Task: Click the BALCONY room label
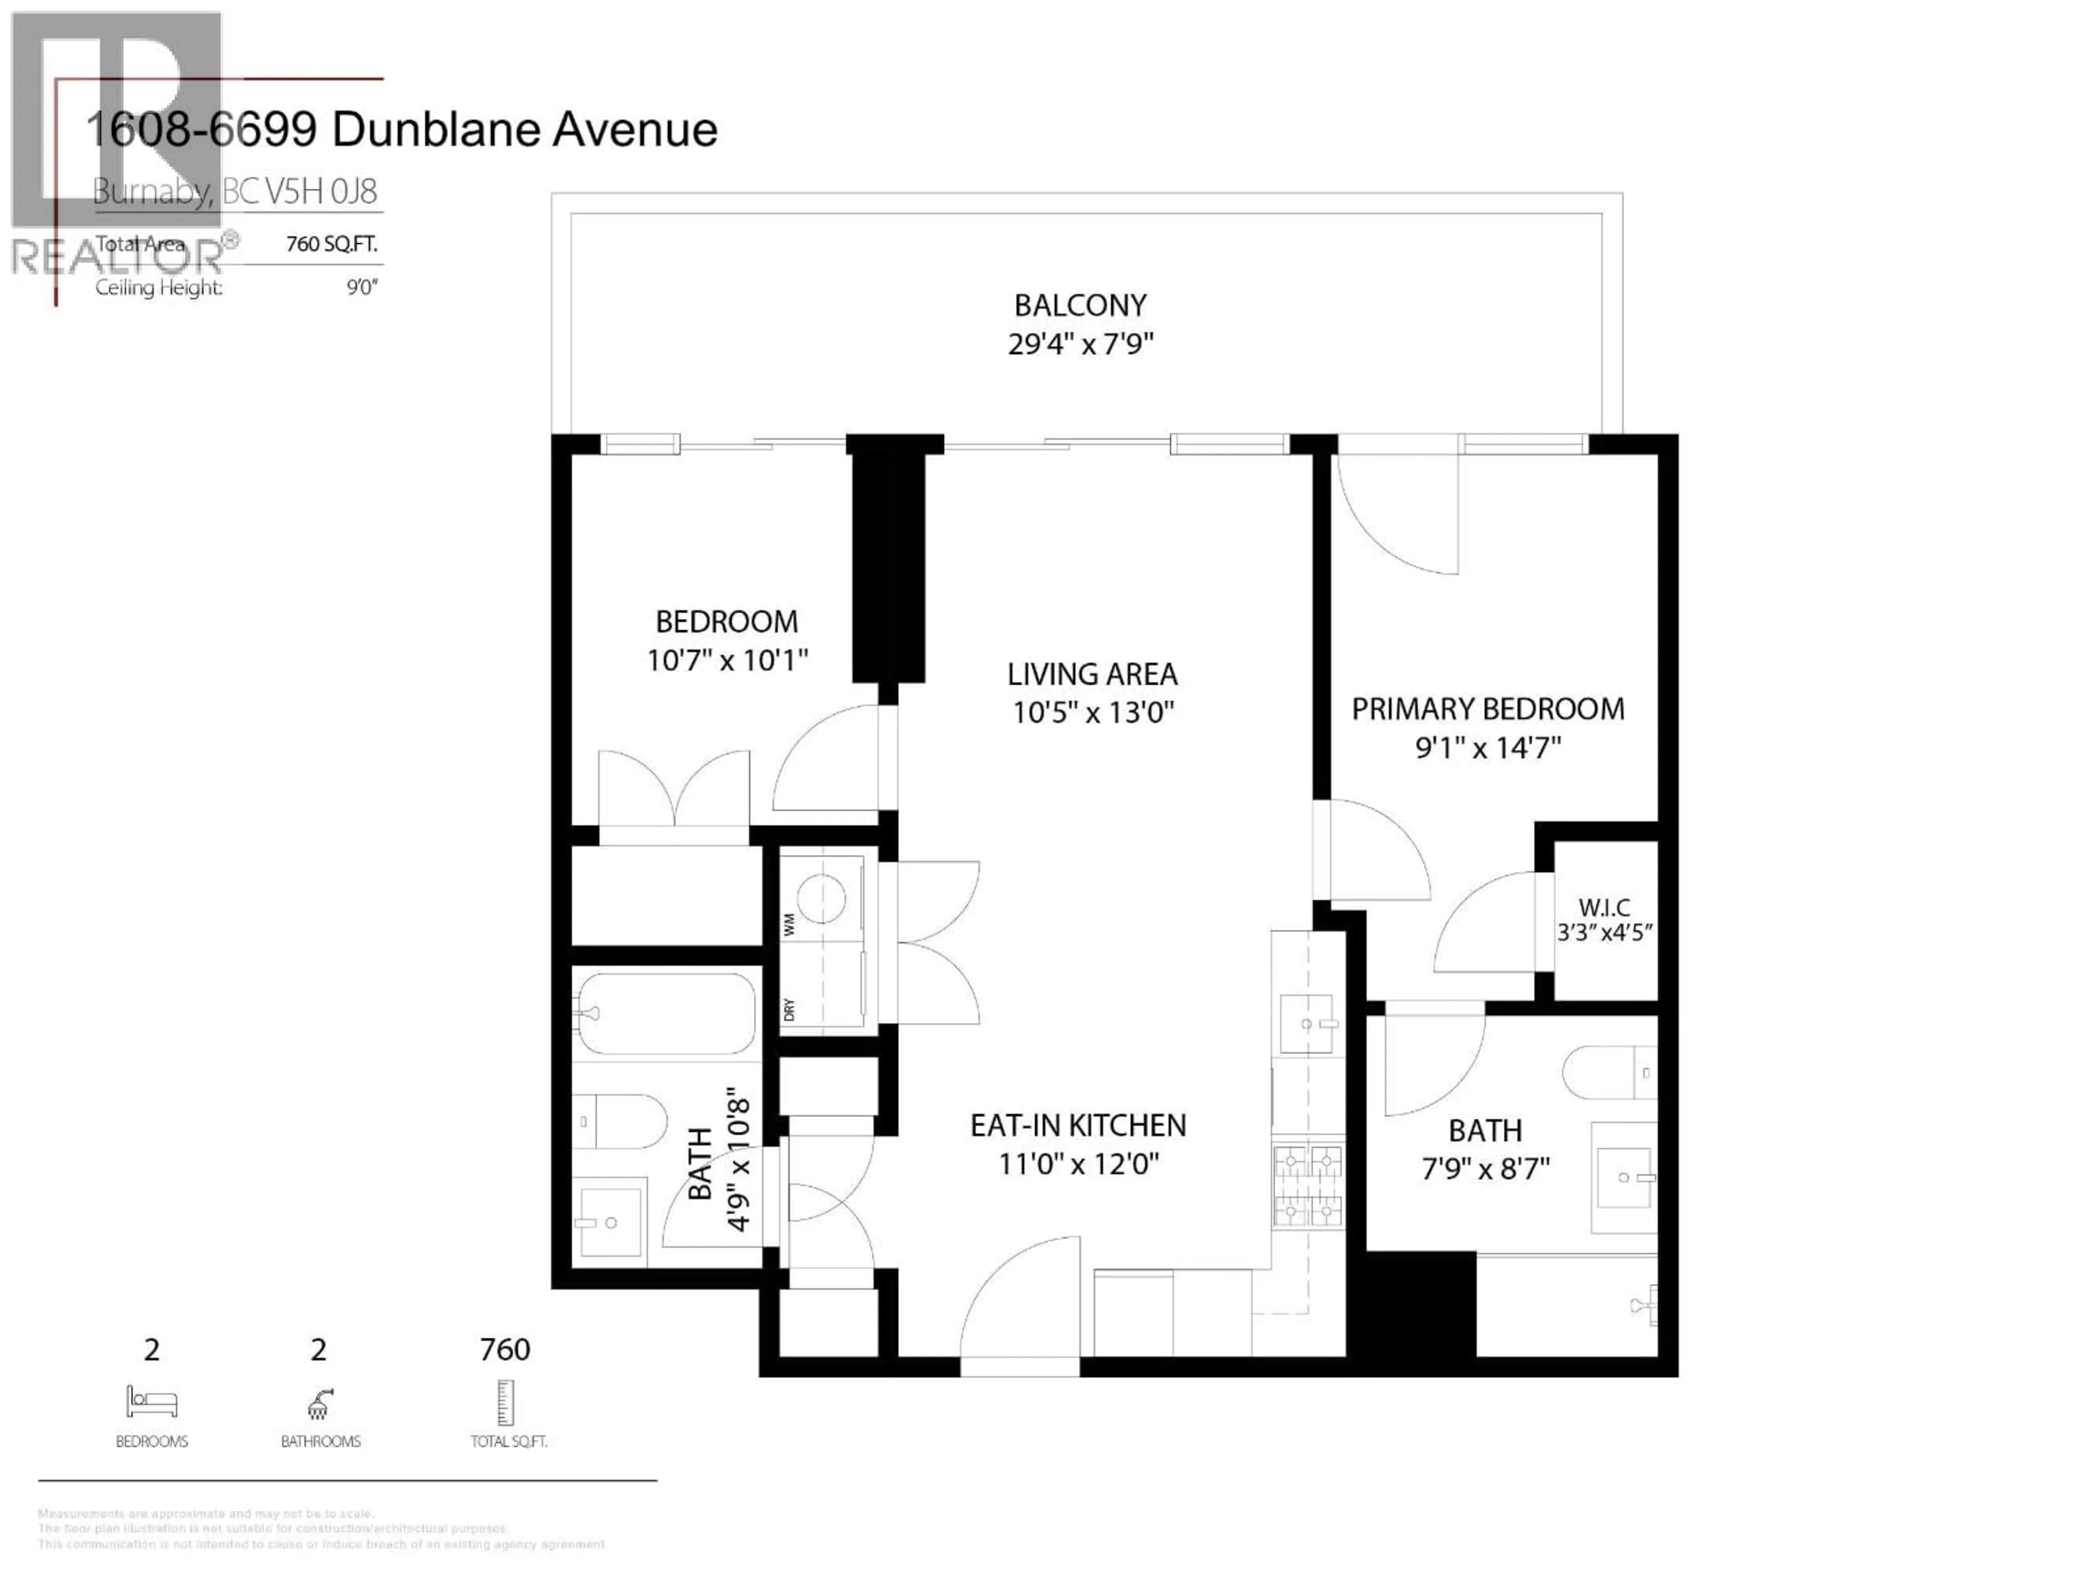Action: pos(1080,306)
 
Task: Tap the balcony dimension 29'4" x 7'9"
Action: pos(1080,343)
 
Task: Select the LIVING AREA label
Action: pos(1092,674)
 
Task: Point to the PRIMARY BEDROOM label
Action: pos(1487,709)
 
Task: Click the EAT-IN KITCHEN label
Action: pos(1077,1125)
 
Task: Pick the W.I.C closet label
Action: pos(1604,907)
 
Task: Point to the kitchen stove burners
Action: pos(1308,1186)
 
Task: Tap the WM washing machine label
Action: pos(789,925)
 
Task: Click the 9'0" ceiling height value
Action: pos(361,287)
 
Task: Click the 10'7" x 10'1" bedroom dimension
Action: pos(727,660)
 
